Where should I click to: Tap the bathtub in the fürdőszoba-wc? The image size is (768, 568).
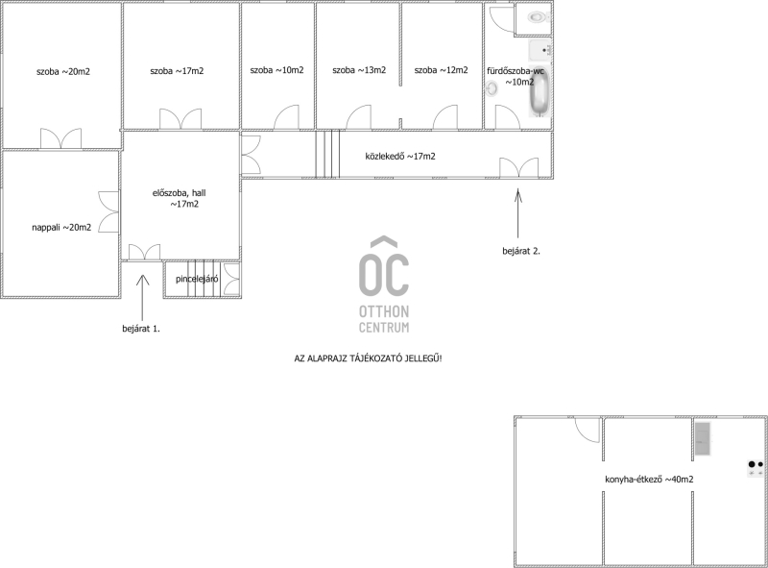click(x=540, y=92)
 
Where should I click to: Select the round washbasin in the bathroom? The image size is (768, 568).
click(x=492, y=88)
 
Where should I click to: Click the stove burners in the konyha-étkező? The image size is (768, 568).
click(x=756, y=468)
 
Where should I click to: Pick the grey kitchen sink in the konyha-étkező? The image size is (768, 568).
click(x=703, y=439)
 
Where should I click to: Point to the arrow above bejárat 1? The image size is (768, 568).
click(x=142, y=298)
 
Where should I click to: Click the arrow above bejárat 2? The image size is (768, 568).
click(x=518, y=214)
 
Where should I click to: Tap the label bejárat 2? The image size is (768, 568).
click(x=521, y=251)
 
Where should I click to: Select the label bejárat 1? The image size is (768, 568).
click(x=141, y=329)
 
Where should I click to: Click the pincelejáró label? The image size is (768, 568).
click(x=197, y=279)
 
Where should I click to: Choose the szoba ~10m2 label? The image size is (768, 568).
click(x=276, y=70)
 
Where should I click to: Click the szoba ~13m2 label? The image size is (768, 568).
click(x=359, y=70)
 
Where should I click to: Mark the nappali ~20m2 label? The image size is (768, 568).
click(x=61, y=228)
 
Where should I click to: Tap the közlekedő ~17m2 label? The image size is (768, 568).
click(x=400, y=157)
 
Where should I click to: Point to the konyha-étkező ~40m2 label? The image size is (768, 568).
click(x=649, y=480)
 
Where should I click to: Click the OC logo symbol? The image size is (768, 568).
click(x=384, y=266)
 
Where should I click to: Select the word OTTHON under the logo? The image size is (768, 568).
click(x=384, y=311)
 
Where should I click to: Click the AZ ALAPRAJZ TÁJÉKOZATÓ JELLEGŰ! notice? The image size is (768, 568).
click(x=368, y=358)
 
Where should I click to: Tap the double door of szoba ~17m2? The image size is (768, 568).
click(x=180, y=119)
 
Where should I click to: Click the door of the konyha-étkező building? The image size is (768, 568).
click(x=587, y=431)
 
